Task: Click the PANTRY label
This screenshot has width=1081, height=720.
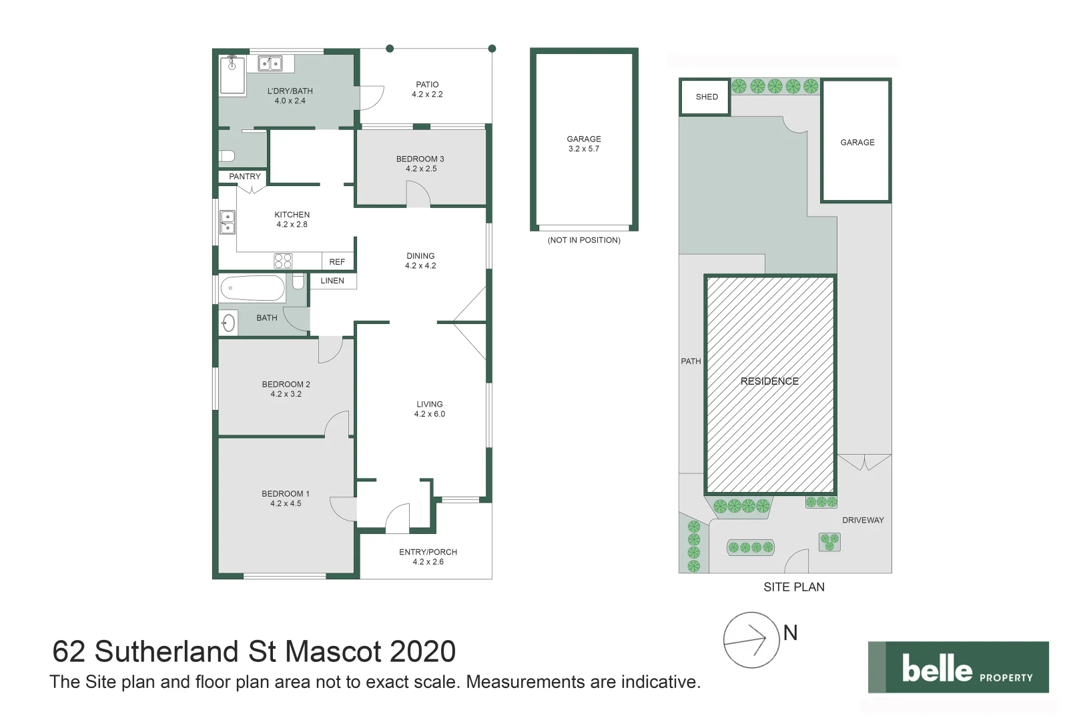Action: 244,177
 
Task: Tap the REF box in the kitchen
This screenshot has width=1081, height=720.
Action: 337,262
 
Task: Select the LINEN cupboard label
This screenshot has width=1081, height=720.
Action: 332,281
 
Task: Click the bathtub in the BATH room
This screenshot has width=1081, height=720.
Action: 252,289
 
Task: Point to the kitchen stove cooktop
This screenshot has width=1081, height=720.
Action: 283,261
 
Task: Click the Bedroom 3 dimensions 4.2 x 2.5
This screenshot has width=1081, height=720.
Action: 421,169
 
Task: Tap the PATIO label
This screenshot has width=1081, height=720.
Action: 427,85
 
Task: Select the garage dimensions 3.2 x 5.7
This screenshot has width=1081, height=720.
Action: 584,149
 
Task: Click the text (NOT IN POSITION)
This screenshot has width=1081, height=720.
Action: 584,240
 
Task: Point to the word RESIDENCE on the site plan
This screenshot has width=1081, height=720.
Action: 769,381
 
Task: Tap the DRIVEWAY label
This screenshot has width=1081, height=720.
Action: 863,520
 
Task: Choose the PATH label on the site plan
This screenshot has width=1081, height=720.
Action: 691,361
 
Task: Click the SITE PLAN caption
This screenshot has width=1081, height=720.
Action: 794,587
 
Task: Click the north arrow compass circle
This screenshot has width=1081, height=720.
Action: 751,640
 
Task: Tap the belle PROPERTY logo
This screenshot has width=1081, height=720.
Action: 958,667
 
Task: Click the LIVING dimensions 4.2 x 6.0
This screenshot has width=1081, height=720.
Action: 429,414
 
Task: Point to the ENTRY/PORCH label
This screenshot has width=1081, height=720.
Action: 428,552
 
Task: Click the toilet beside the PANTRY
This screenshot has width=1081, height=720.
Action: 228,156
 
